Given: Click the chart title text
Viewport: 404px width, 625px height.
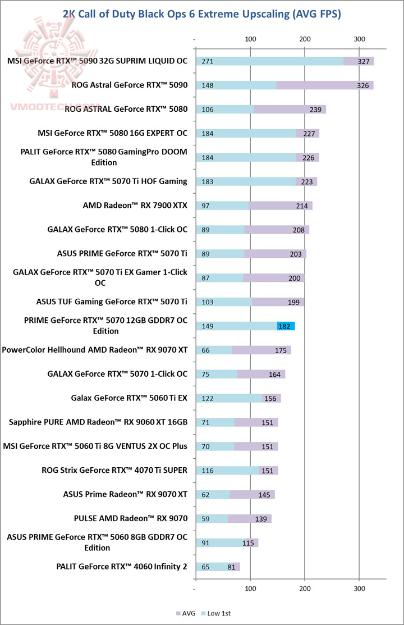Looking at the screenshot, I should [x=202, y=14].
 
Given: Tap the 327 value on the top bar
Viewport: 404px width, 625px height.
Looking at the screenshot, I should [x=363, y=61].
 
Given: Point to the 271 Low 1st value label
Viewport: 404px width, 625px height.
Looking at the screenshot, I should [x=207, y=61].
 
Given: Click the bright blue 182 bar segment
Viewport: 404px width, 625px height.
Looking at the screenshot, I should [x=286, y=326].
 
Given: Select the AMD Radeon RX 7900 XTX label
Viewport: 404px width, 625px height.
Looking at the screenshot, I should [x=135, y=206].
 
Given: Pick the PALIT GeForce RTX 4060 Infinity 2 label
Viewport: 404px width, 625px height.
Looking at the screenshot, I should [x=122, y=567].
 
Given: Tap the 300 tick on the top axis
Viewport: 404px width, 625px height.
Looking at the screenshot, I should [x=359, y=39].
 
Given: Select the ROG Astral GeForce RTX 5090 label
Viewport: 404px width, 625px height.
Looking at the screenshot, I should [x=130, y=85].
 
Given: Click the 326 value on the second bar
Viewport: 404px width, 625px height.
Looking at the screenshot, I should [x=363, y=85].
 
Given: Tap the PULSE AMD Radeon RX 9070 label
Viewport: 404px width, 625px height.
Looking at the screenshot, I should [x=131, y=518].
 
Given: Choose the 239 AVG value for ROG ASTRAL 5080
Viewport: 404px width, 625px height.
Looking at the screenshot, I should [x=315, y=110].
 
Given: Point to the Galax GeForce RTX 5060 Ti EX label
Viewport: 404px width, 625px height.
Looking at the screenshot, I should [x=129, y=398].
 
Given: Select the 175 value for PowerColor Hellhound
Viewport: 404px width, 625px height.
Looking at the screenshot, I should [x=281, y=350].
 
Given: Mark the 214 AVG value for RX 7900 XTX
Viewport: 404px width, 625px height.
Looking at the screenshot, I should [x=302, y=206].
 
